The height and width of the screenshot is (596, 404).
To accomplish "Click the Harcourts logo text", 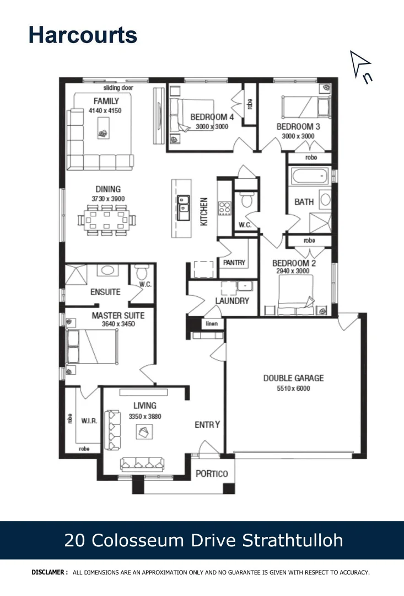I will click(x=83, y=34).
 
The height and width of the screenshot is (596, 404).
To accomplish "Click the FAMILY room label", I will click(x=106, y=101).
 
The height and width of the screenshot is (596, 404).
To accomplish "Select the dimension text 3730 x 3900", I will click(x=108, y=199).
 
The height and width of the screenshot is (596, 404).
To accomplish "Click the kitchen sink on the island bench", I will click(x=184, y=204).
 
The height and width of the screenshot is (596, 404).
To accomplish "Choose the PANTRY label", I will click(x=234, y=263).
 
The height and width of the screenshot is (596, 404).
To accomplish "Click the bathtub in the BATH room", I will click(x=309, y=177).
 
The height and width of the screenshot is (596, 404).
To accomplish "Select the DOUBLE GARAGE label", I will click(x=293, y=378).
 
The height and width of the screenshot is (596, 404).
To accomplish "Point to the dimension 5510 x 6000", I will click(x=293, y=388).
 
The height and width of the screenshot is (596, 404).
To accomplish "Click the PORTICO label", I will click(x=212, y=474).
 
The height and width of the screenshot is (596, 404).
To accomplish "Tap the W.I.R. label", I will click(x=89, y=421).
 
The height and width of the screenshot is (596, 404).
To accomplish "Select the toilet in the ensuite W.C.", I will click(x=142, y=272).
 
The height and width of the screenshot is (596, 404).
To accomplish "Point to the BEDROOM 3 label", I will click(x=298, y=126).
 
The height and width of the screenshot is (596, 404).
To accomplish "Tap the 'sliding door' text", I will click(x=118, y=88).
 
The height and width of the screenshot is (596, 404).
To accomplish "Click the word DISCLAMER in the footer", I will click(x=50, y=572).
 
